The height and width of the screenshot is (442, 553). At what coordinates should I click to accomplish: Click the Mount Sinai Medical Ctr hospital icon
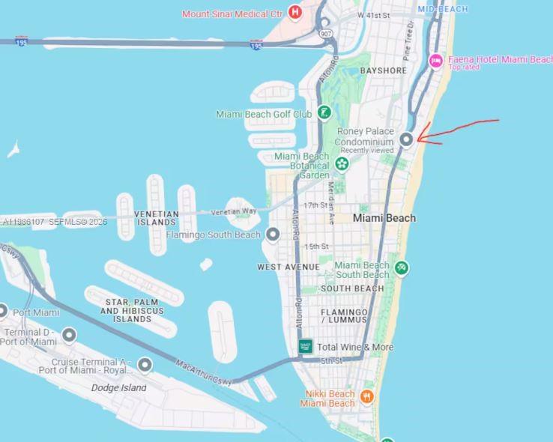pyautogui.click(x=295, y=13)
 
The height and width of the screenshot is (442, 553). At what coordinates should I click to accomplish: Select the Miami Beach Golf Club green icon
pyautogui.click(x=324, y=113)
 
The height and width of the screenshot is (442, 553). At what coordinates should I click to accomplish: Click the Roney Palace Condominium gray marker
pyautogui.click(x=406, y=139)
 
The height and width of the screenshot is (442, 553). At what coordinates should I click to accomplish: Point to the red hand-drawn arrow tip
pyautogui.click(x=418, y=138)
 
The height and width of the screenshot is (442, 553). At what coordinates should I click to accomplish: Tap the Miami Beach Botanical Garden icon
pyautogui.click(x=342, y=164)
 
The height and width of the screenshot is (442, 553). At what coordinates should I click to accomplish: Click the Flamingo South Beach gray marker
pyautogui.click(x=274, y=235)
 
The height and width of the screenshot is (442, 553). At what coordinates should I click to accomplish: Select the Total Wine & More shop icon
pyautogui.click(x=305, y=346)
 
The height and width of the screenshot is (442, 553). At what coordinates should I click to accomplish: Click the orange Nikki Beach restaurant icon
pyautogui.click(x=367, y=396)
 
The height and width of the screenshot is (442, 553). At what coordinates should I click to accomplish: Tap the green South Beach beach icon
pyautogui.click(x=402, y=268)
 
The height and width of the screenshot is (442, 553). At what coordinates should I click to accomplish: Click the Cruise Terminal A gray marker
pyautogui.click(x=145, y=365)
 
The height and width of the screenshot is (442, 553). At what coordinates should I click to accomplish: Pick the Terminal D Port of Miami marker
pyautogui.click(x=69, y=335)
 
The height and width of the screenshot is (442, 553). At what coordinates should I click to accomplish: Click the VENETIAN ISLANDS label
pyautogui.click(x=157, y=218)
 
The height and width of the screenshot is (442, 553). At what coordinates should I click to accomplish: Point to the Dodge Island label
pyautogui.click(x=118, y=388)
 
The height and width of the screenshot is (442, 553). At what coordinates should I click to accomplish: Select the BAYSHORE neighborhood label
pyautogui.click(x=383, y=70)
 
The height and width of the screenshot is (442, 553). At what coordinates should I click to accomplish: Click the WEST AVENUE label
pyautogui.click(x=288, y=267)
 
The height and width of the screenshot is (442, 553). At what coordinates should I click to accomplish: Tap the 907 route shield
pyautogui.click(x=324, y=33)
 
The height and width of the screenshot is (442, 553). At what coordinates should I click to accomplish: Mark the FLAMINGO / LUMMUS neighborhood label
pyautogui.click(x=344, y=315)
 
